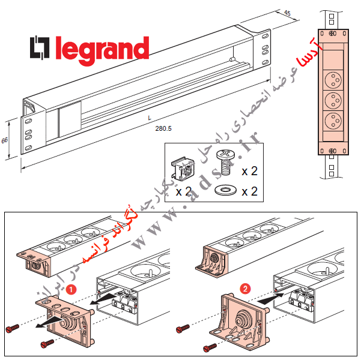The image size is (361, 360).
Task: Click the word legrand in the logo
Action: click(102, 49)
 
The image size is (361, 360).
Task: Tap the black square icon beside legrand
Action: click(41, 49)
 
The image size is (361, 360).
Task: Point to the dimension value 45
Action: click(287, 13)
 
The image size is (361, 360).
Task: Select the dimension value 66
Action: click(5, 140)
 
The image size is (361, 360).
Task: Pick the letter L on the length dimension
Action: click(150, 118)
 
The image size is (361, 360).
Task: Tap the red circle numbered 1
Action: click(71, 289)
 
